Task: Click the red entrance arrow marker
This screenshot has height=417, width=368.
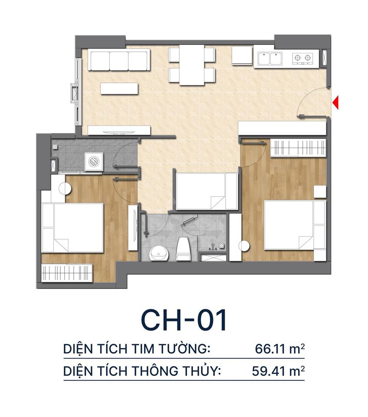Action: pos(335,103)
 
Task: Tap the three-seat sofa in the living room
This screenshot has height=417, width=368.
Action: pos(119,60)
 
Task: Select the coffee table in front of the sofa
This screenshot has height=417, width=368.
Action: pos(119,89)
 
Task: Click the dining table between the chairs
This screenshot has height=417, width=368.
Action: pos(191,66)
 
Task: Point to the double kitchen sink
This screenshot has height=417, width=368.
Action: pos(269,58)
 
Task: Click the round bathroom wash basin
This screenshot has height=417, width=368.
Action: pos(158,252)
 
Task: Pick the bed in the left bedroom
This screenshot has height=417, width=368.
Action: pos(72,227)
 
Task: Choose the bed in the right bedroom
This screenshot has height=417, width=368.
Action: pos(294,225)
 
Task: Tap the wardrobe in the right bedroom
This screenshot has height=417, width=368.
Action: pos(298,148)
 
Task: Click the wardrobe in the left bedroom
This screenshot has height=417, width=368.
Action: pos(67,273)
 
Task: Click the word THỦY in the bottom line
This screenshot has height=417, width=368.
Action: pos(201,371)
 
